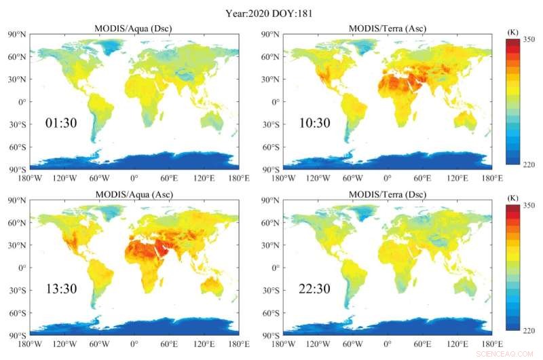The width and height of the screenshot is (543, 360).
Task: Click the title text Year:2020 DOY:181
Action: pyautogui.click(x=270, y=12)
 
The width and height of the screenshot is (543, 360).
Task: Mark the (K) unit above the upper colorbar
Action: pyautogui.click(x=513, y=32)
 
